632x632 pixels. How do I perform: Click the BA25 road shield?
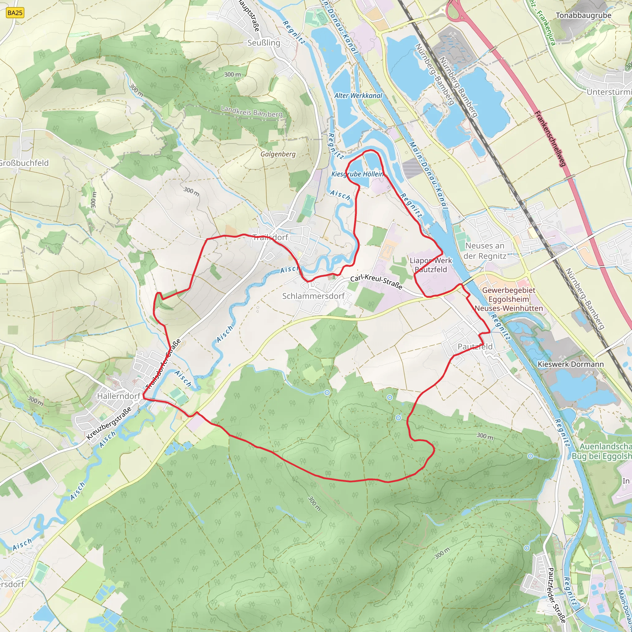coord(15,13)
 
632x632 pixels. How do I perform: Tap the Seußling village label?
coord(264,43)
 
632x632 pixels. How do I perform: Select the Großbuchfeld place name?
coord(24,163)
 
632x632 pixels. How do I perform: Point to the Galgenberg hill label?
coord(278,154)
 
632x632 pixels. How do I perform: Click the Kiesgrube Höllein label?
coord(357,174)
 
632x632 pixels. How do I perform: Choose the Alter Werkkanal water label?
coord(358,96)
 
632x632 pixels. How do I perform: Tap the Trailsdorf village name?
coord(270,238)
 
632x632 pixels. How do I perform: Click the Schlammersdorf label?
coord(314,296)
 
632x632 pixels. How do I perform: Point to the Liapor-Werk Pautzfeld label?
coord(431,265)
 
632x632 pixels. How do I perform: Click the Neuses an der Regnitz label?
coord(485,251)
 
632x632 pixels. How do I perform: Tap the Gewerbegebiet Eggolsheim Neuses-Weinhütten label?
coord(509,299)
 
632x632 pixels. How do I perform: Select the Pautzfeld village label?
coord(475,347)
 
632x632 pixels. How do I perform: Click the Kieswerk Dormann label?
coord(571,364)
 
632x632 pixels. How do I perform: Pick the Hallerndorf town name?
coord(119,396)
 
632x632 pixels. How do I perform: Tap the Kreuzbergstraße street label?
coord(109,423)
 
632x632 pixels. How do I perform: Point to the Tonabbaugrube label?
coord(584,15)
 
